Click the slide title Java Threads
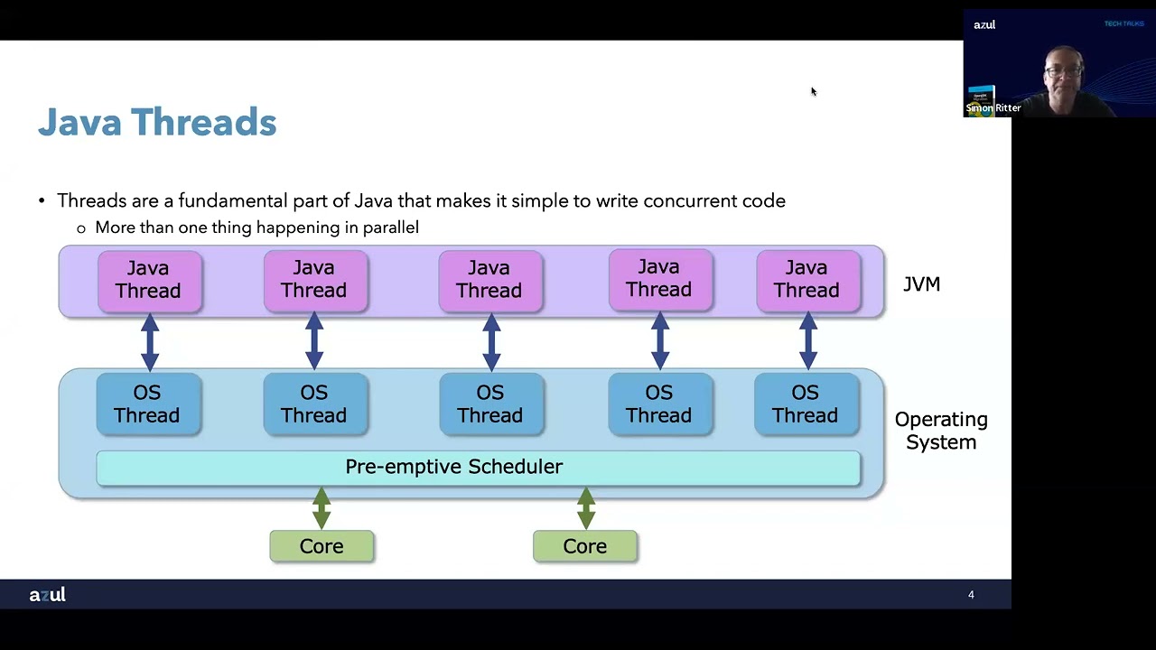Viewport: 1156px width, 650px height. click(157, 122)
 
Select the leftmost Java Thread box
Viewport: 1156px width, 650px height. click(149, 280)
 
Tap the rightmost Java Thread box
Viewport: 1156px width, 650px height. click(807, 280)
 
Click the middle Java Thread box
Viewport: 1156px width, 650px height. click(489, 280)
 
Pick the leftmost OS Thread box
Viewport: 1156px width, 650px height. click(148, 404)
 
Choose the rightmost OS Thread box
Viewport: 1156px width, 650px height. click(806, 404)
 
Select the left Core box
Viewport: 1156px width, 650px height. click(322, 546)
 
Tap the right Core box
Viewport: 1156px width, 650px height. click(585, 546)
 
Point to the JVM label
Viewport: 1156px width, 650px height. click(921, 284)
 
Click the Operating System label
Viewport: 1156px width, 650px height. click(941, 431)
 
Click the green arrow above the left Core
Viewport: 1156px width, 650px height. click(322, 508)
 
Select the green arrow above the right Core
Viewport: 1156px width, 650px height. click(585, 508)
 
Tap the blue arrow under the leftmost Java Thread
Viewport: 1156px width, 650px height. click(150, 341)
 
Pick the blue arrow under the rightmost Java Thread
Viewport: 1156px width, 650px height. click(807, 341)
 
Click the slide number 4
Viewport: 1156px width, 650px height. click(971, 595)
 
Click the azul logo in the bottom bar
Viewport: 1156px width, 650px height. click(47, 595)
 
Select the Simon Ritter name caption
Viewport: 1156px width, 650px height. click(993, 108)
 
